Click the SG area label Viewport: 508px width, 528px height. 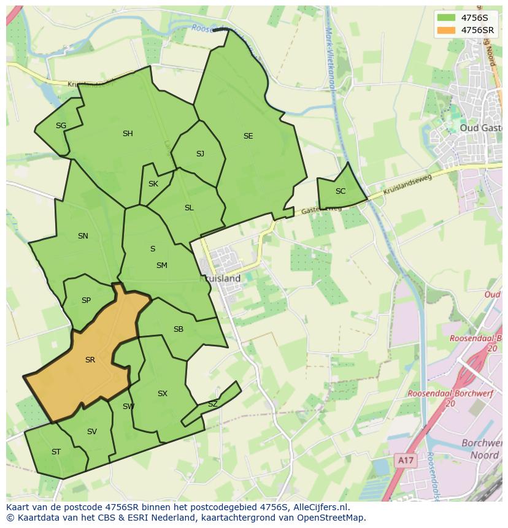[61, 126]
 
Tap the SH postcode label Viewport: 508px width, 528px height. [128, 134]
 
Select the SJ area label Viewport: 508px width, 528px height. [200, 154]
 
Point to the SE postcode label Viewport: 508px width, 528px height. [248, 136]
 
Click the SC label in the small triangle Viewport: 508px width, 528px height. [341, 191]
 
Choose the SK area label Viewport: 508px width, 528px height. [153, 184]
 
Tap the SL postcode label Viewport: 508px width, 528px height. [189, 208]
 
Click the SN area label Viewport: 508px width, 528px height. [83, 236]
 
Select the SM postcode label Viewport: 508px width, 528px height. [162, 266]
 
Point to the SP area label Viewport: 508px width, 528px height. [86, 300]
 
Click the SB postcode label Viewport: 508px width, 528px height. [179, 329]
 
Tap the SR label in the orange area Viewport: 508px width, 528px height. [90, 360]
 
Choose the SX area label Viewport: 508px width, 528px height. [163, 394]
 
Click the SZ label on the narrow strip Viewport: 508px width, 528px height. [213, 404]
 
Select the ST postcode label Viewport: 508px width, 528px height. [56, 452]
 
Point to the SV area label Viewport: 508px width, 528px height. [92, 432]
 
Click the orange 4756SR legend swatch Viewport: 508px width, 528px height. [447, 30]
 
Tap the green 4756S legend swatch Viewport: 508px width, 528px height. [447, 18]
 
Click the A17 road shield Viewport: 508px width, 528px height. [403, 460]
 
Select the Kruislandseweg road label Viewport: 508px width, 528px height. [407, 185]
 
